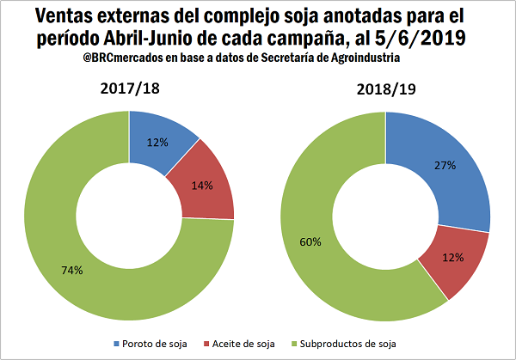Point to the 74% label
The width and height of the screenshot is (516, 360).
coord(72,271)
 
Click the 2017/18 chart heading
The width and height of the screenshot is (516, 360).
coord(129,88)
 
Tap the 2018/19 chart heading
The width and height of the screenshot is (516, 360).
coord(385,88)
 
